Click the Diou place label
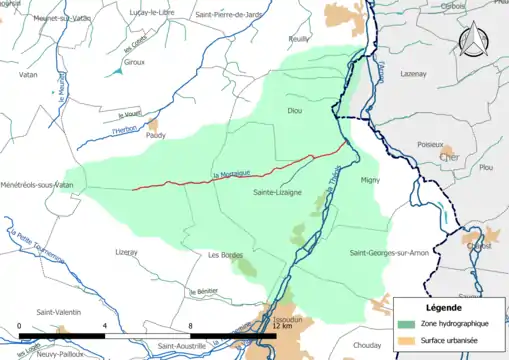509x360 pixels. coord(294,111)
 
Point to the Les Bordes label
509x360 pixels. coord(226,255)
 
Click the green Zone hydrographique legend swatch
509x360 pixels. coord(405,324)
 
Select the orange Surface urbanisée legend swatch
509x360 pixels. coord(405,342)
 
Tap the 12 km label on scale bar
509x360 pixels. coord(281,327)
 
